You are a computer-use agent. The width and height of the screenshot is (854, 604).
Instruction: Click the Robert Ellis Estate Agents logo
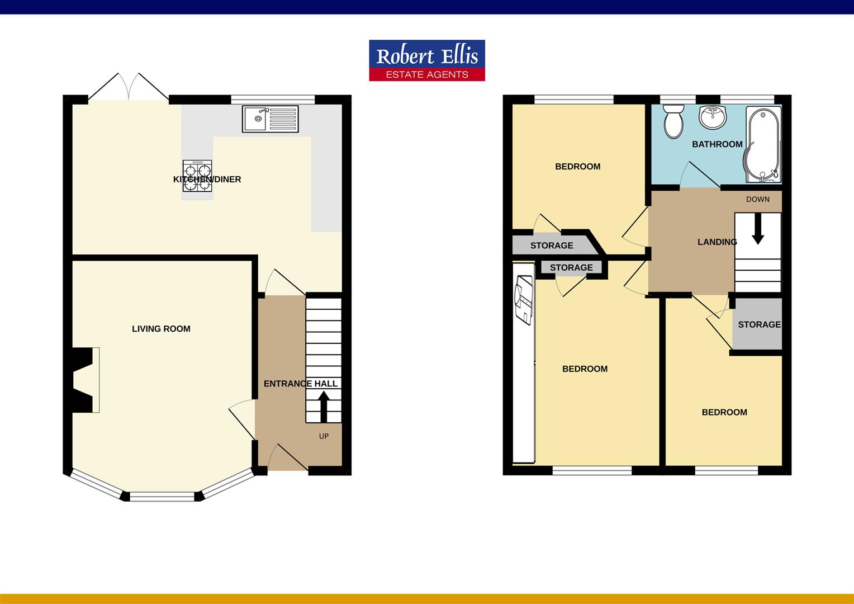click(x=427, y=60)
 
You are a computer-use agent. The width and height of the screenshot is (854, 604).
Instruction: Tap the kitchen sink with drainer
click(x=271, y=119)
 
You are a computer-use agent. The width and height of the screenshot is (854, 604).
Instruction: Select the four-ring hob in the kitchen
click(x=197, y=176)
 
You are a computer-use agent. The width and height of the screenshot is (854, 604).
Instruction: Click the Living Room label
click(x=161, y=328)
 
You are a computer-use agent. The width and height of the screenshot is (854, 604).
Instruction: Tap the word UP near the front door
click(x=324, y=436)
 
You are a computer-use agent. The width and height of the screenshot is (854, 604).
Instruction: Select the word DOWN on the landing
click(x=758, y=199)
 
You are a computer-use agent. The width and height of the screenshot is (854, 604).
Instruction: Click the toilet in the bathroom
click(x=673, y=121)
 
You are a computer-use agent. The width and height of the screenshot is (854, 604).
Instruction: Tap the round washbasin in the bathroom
click(x=713, y=116)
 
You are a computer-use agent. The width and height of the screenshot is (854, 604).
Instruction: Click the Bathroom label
click(x=717, y=144)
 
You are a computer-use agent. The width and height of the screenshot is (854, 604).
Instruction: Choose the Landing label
click(x=717, y=242)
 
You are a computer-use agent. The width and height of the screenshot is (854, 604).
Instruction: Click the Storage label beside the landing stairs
click(x=759, y=324)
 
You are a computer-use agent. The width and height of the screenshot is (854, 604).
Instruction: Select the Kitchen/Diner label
click(x=207, y=180)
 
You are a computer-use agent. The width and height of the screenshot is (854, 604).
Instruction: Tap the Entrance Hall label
click(x=301, y=384)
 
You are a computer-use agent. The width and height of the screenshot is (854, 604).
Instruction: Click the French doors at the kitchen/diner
click(x=129, y=87)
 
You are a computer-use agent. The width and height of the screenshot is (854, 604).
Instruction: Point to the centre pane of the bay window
click(x=162, y=497)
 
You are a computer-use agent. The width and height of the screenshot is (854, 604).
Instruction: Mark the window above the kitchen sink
click(x=273, y=99)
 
